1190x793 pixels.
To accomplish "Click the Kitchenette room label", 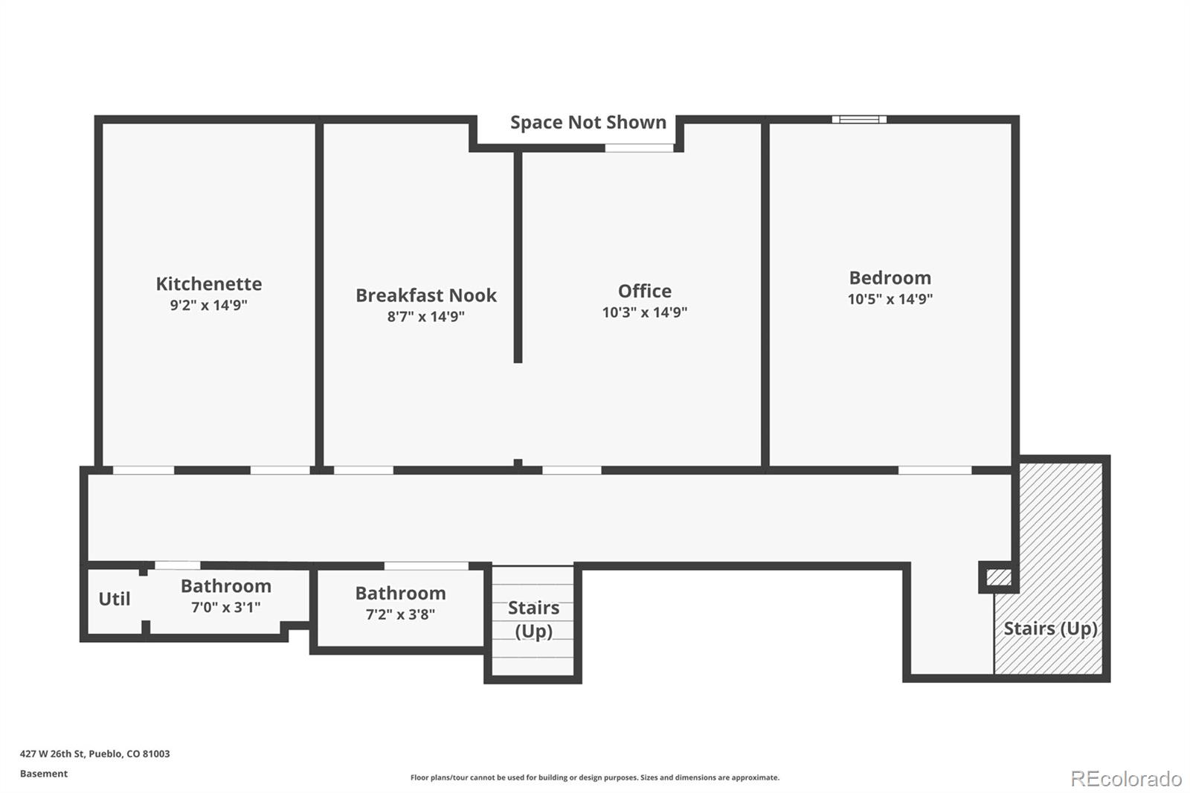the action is coord(209,284).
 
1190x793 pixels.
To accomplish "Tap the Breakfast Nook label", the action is coord(426,295).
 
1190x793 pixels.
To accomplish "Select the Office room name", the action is coord(644,292).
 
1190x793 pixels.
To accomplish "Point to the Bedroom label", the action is coord(890,278).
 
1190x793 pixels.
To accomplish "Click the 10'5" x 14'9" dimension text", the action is coord(890,299).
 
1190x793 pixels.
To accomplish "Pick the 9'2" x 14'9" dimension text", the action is coord(209,305).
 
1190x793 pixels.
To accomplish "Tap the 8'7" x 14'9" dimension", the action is coord(426,317).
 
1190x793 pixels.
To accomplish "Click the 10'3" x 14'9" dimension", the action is coord(644,312).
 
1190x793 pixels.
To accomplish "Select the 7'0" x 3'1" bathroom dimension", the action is coord(226,607).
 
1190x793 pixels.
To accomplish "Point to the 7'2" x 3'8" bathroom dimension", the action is coord(400,614).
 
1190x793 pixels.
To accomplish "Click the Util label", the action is coord(115,599).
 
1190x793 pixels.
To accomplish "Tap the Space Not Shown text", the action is coord(588,122).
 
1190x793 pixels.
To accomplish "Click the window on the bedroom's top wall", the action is coord(859,120).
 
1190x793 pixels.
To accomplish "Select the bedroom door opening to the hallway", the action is coord(935,470).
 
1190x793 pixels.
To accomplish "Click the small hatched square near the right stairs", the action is coord(999,577).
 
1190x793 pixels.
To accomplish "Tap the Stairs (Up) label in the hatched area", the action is coord(1050,629).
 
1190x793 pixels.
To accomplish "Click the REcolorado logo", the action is coord(1126,779).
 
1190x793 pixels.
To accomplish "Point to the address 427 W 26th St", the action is coord(52,754).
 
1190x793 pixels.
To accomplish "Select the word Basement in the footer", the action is coord(44,774).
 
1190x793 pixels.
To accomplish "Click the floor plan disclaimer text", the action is coord(594,777).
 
